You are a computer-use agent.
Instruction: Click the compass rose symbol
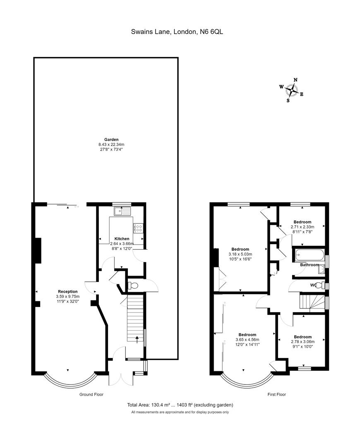[x=292, y=89]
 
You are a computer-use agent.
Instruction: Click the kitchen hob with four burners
[x=138, y=228]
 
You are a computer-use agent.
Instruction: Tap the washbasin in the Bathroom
[x=322, y=270]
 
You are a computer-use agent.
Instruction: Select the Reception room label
[x=67, y=291]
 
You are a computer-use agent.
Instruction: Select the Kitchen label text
[x=122, y=239]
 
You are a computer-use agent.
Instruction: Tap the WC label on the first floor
[x=313, y=285]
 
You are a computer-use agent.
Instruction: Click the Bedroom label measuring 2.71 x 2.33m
[x=302, y=222]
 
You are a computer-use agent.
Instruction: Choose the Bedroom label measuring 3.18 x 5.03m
[x=240, y=249]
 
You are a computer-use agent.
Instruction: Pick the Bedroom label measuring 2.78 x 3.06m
[x=302, y=337]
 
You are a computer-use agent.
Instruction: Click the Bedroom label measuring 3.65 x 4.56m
[x=247, y=335]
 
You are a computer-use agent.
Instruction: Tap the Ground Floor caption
[x=91, y=394]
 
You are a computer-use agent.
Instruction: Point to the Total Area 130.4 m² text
[x=180, y=405]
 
